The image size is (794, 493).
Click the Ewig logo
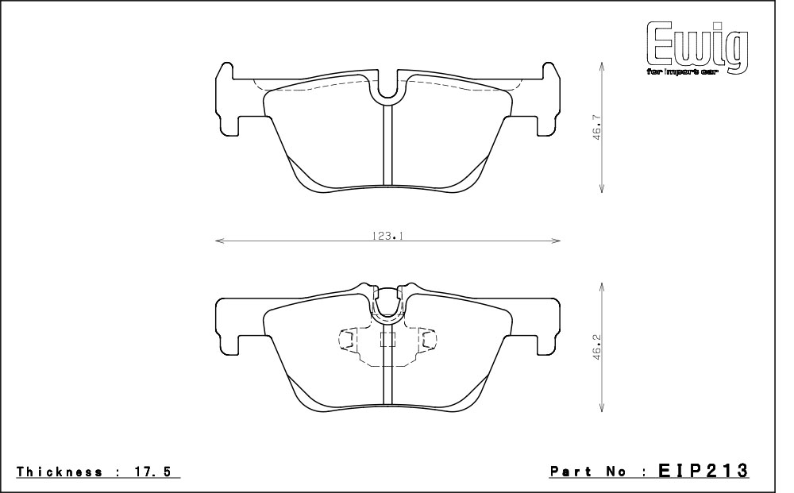(697, 48)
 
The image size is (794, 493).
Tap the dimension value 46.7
(597, 128)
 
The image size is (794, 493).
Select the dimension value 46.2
(597, 347)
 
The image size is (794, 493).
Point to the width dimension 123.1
(387, 236)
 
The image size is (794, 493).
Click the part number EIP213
(703, 470)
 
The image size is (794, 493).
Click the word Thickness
(60, 472)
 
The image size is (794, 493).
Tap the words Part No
(588, 472)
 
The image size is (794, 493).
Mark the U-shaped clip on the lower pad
(387, 313)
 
